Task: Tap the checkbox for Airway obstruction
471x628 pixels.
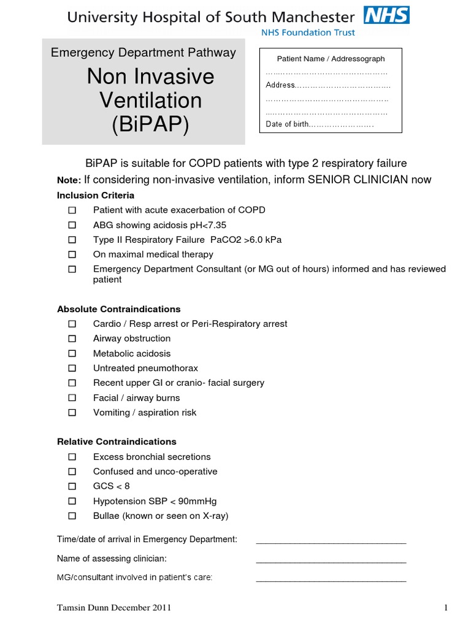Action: (x=72, y=339)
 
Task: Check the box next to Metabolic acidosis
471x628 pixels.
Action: (x=72, y=353)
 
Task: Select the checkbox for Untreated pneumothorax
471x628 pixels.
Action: (x=72, y=368)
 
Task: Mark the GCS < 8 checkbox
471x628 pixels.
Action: (x=72, y=486)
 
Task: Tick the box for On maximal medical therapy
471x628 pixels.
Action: (x=72, y=254)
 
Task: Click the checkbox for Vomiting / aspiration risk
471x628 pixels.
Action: (x=72, y=413)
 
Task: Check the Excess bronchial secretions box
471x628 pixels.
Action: (x=72, y=457)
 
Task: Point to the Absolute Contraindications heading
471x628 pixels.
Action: (x=118, y=309)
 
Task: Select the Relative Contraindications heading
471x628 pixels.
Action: (x=117, y=442)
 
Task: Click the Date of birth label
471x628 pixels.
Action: (x=287, y=124)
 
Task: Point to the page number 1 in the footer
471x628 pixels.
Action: (x=446, y=608)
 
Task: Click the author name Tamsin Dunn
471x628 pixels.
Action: (x=83, y=608)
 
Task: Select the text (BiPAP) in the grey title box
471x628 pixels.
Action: (x=150, y=124)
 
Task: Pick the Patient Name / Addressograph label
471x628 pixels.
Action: (x=331, y=59)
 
